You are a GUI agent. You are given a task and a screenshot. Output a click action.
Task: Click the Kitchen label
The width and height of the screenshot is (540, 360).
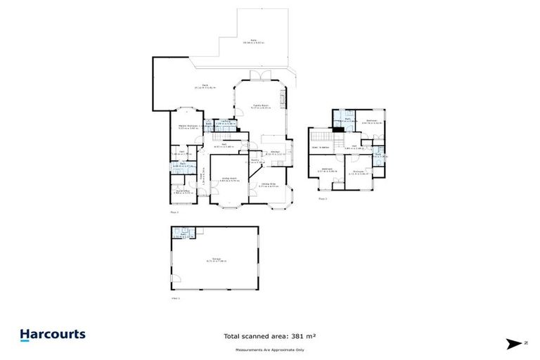coord(276,151)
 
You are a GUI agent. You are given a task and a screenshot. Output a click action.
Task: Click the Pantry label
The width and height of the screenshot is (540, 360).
coord(255,161)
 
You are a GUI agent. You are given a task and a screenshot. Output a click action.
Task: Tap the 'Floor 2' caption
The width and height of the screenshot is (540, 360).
coord(323,199)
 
